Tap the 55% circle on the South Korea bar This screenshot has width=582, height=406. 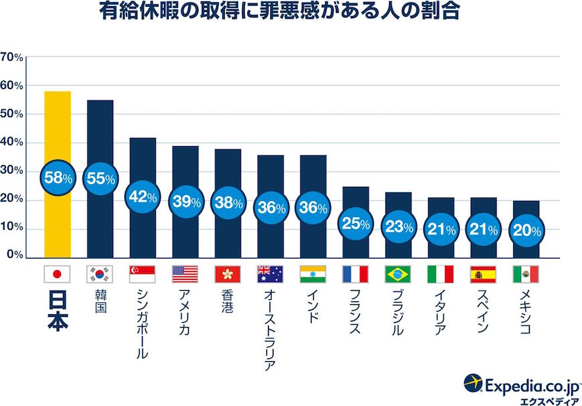100,178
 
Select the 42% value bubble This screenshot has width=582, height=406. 142,197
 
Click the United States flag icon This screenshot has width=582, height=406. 185,274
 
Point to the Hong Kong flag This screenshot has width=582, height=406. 227,274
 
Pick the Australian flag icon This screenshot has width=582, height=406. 270,274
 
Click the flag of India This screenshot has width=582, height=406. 313,274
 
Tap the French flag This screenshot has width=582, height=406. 355,274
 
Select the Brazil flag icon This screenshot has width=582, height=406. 398,274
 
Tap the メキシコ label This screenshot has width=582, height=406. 526,314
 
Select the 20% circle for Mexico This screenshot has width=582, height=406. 526,230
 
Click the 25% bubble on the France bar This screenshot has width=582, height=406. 355,224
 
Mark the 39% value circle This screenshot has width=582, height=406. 185,202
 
